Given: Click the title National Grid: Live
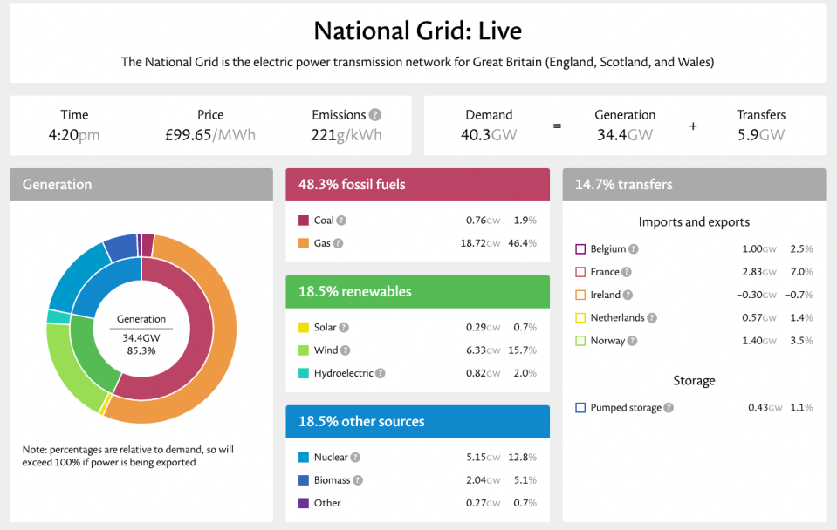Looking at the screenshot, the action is pyautogui.click(x=417, y=31).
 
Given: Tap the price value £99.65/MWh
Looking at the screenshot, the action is pyautogui.click(x=210, y=135).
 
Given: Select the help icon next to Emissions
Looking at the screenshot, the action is pyautogui.click(x=375, y=115).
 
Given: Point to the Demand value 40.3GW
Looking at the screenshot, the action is pyautogui.click(x=489, y=135).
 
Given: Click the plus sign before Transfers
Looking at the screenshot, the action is pyautogui.click(x=693, y=126).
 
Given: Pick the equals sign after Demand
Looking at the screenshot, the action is pyautogui.click(x=557, y=126).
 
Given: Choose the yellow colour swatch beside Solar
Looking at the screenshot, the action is pyautogui.click(x=304, y=328).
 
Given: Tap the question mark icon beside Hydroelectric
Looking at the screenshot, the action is pyautogui.click(x=380, y=373).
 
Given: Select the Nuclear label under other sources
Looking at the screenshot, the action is pyautogui.click(x=331, y=457).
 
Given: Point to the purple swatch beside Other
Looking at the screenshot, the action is pyautogui.click(x=304, y=503).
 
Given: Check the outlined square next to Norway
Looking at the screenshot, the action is pyautogui.click(x=580, y=341).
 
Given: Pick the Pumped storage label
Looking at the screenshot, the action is pyautogui.click(x=626, y=408).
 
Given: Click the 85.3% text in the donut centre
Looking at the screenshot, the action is pyautogui.click(x=141, y=350).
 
